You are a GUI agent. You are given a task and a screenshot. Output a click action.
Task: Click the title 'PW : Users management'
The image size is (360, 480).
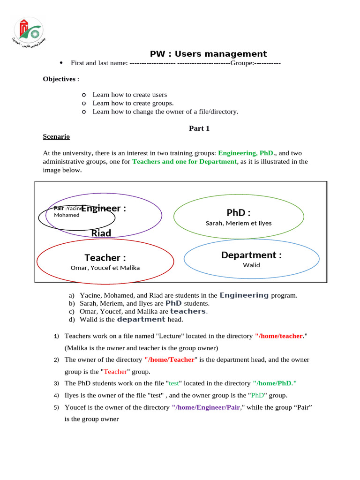click(208, 54)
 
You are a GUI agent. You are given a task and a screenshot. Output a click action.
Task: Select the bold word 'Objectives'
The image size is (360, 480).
click(59, 79)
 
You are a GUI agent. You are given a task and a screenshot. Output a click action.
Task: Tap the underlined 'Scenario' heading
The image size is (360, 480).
click(56, 136)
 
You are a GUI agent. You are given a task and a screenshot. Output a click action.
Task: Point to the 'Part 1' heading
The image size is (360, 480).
click(199, 128)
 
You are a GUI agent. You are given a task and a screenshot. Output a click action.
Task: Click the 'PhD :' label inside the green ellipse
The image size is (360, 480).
click(239, 213)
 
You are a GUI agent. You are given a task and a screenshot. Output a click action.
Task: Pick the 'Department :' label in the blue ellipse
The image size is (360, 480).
click(251, 255)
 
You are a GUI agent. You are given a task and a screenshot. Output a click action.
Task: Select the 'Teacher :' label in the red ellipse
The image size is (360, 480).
click(105, 257)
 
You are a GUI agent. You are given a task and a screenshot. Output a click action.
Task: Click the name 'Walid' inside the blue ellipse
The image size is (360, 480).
click(251, 265)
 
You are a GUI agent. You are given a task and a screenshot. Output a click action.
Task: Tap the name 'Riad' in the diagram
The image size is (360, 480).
click(101, 233)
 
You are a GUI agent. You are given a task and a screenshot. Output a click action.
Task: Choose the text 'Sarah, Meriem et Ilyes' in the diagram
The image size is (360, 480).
click(239, 223)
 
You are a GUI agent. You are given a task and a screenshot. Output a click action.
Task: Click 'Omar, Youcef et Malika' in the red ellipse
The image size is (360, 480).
click(105, 268)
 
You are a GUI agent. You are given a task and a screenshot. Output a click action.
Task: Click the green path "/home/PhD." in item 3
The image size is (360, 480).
click(275, 383)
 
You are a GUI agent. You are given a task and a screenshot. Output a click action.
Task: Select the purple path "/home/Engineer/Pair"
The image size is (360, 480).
click(206, 407)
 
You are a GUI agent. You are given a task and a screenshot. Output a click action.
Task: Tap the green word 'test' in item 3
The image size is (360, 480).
click(174, 383)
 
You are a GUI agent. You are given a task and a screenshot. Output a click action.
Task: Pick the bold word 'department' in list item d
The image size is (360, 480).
click(141, 319)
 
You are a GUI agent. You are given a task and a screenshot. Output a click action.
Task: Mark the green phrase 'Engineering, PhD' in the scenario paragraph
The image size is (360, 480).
click(246, 153)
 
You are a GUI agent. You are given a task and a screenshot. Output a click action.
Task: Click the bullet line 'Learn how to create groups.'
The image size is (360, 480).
click(133, 103)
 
